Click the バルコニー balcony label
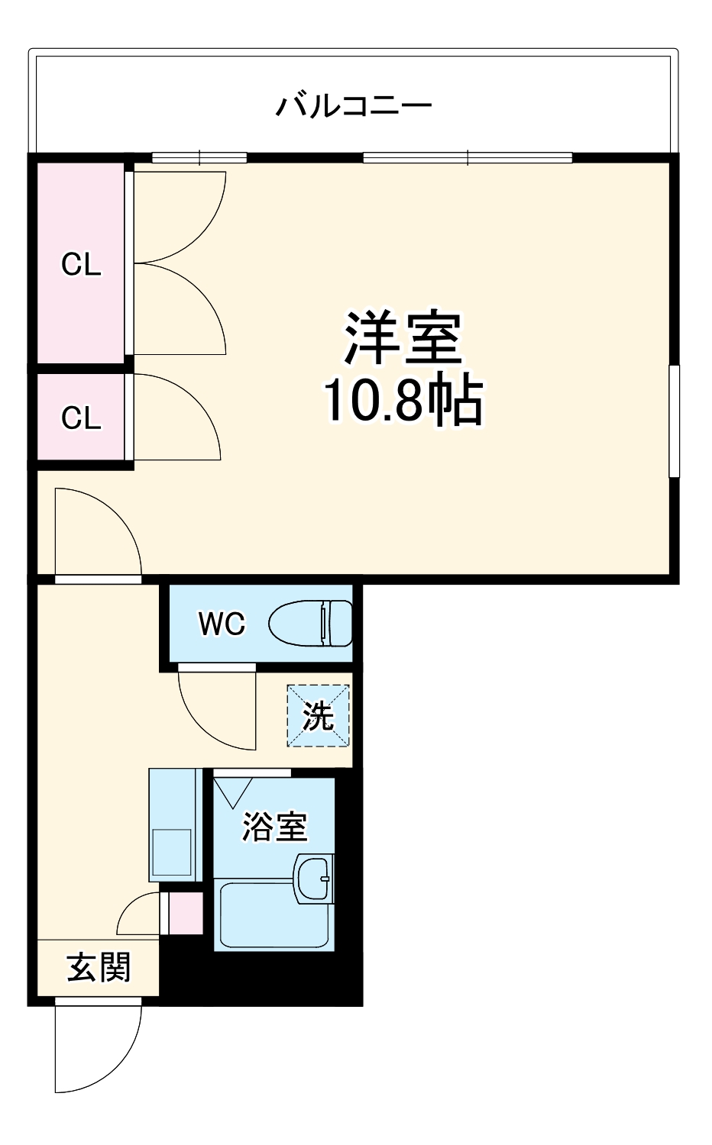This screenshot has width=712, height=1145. (x=353, y=105)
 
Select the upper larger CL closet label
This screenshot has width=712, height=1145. (x=81, y=265)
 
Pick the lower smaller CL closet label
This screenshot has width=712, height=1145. (x=81, y=418)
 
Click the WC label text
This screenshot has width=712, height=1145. (x=222, y=624)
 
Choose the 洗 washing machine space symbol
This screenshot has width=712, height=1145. (x=318, y=716)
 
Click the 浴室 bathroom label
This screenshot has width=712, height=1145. (x=274, y=826)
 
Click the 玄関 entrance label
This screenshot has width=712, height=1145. (x=99, y=967)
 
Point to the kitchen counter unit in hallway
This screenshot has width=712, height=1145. (x=174, y=824)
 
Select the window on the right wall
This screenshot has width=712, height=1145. (x=674, y=421)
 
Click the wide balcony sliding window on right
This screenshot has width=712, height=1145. (x=468, y=158)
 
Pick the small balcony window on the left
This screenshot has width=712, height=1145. (x=199, y=158)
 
